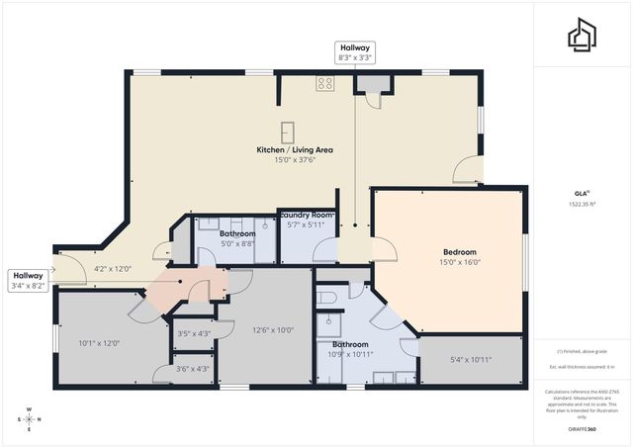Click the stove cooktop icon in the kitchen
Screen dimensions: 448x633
(323, 84)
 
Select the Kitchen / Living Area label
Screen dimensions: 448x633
(295, 149)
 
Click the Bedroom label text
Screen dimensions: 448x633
(460, 252)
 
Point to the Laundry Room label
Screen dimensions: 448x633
(307, 215)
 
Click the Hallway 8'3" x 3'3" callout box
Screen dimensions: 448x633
(356, 52)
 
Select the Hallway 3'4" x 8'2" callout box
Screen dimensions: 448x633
(28, 281)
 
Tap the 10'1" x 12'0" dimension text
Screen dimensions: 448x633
(99, 343)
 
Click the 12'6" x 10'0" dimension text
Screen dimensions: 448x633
(273, 330)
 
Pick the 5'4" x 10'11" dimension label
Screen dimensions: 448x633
(472, 358)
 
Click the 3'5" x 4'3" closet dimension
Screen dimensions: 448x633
(192, 333)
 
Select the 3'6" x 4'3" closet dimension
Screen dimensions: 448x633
(192, 369)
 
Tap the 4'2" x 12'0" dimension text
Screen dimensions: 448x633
(113, 268)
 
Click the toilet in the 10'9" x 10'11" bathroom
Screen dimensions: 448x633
(330, 296)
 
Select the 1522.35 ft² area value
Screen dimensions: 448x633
(582, 205)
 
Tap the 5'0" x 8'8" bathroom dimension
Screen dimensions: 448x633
(237, 243)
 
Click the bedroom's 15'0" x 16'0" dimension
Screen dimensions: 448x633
(460, 263)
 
